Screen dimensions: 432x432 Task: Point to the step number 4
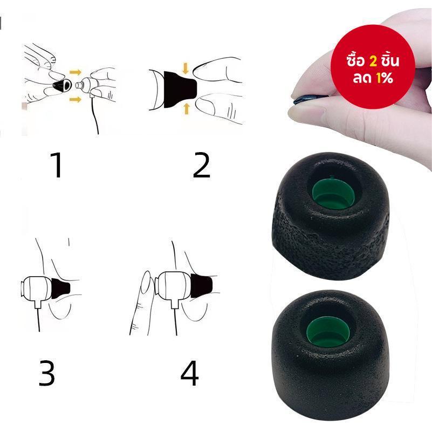(x=189, y=373)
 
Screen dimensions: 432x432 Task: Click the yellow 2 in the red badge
(x=373, y=61)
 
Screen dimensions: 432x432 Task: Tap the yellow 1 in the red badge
(x=379, y=79)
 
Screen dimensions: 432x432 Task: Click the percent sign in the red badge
(x=388, y=79)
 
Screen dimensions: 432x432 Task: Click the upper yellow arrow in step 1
(x=75, y=72)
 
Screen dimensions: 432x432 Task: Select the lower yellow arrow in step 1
(x=76, y=99)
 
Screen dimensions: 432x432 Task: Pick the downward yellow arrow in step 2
(x=186, y=68)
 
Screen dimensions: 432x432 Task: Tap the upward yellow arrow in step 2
(x=187, y=108)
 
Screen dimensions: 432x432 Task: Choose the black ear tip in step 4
(x=201, y=285)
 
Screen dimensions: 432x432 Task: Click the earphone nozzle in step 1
(x=79, y=85)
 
